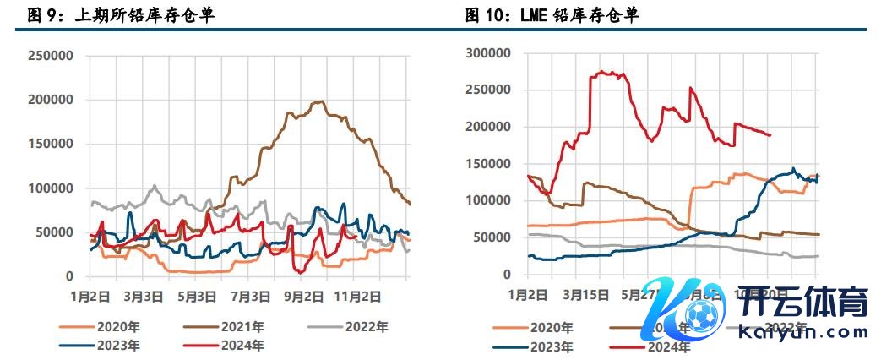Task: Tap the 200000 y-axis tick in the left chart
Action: coord(53,100)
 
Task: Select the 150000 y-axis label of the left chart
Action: coord(53,144)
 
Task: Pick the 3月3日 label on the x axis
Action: coord(144,297)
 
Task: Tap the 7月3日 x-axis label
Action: coord(251,297)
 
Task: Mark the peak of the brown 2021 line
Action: coord(318,101)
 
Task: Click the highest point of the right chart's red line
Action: coord(601,72)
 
